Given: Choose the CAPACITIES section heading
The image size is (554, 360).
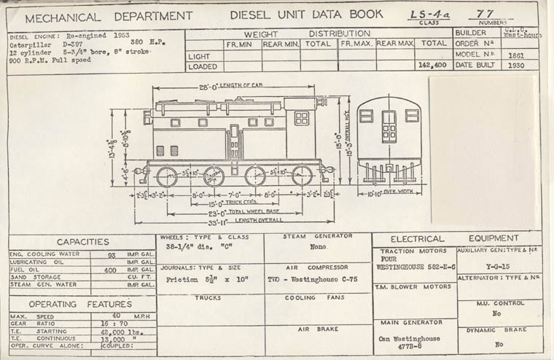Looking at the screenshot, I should click(x=82, y=242).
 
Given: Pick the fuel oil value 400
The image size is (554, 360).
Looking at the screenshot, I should click(x=110, y=270).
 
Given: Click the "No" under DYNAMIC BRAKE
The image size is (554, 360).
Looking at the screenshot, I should click(x=499, y=344).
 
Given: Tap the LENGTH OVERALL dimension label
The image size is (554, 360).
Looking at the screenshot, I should click(x=254, y=220).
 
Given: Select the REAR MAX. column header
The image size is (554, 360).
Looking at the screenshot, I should click(x=395, y=44).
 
